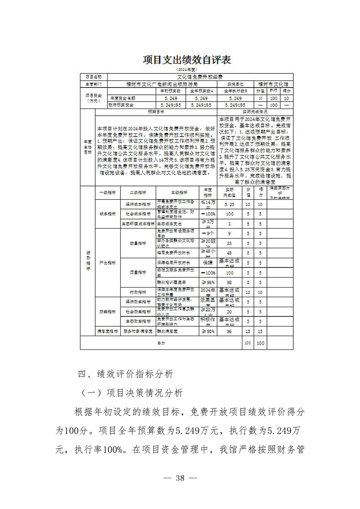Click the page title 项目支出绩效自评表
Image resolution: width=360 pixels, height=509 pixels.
pyautogui.click(x=180, y=60)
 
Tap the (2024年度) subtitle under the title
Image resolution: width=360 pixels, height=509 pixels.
pyautogui.click(x=180, y=70)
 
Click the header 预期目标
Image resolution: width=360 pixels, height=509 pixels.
pyautogui.click(x=156, y=111)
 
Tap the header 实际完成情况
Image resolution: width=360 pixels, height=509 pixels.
pyautogui.click(x=254, y=111)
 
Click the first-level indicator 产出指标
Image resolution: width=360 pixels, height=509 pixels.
pyautogui.click(x=108, y=263)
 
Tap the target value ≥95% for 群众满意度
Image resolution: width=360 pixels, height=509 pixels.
pyautogui.click(x=207, y=332)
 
